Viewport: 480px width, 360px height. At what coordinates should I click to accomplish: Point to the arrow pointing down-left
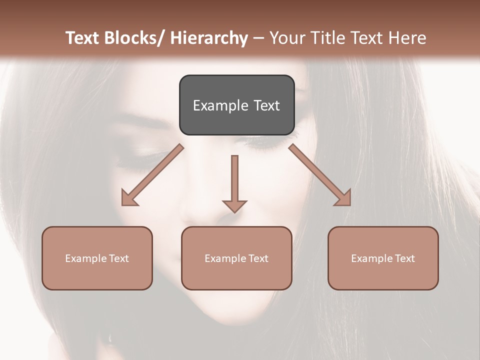coord(152,175)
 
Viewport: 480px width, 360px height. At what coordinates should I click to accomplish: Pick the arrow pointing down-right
coord(320,175)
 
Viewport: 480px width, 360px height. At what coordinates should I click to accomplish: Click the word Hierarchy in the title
coord(209,38)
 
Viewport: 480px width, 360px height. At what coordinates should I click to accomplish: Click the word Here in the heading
coord(407,38)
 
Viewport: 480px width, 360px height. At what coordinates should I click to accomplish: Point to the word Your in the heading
coord(287,38)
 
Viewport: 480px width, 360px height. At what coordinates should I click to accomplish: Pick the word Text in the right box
coord(404,258)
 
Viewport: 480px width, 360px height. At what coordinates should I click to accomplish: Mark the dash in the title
coord(258,38)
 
